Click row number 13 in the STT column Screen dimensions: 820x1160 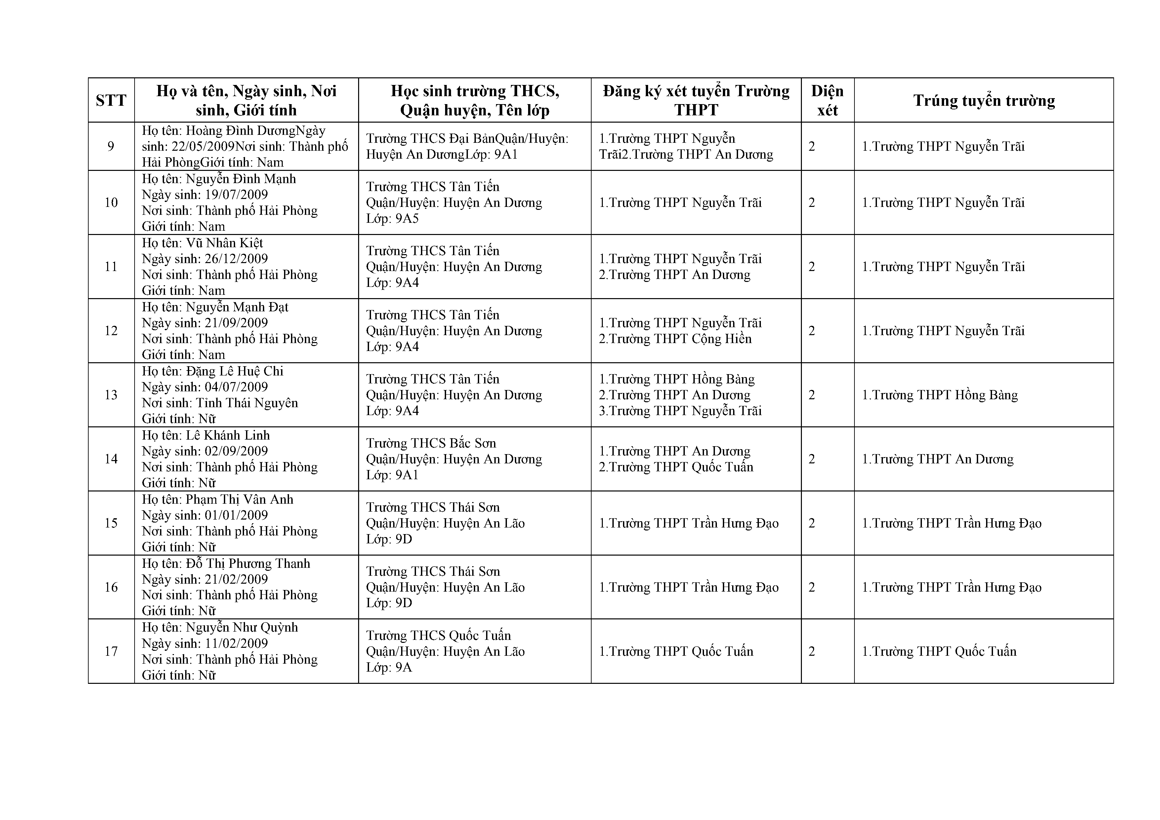tap(111, 395)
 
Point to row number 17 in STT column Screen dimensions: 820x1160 tap(111, 651)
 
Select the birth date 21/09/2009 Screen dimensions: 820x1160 tap(236, 323)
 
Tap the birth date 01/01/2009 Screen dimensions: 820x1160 tap(236, 515)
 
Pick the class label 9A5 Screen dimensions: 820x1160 tap(407, 218)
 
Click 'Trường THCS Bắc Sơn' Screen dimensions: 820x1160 tap(431, 443)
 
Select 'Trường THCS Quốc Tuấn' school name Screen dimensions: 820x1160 tap(438, 635)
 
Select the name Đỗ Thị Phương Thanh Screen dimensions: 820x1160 tap(248, 564)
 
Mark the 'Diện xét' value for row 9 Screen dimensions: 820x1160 tap(812, 146)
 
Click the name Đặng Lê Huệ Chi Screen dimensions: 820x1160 tap(234, 371)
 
